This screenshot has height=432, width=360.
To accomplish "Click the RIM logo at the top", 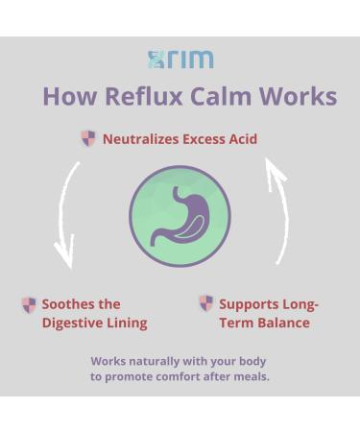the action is coord(180,60).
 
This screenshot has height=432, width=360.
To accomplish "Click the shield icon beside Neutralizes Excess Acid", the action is coord(88,138).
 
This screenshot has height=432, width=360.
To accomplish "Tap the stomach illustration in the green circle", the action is coord(180,215).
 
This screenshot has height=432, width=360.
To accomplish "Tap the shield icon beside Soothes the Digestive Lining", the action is coord(29,305).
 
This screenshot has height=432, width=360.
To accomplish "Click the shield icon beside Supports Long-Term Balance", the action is coord(205,304).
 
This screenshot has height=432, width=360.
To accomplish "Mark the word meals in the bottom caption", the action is coord(249,376).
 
